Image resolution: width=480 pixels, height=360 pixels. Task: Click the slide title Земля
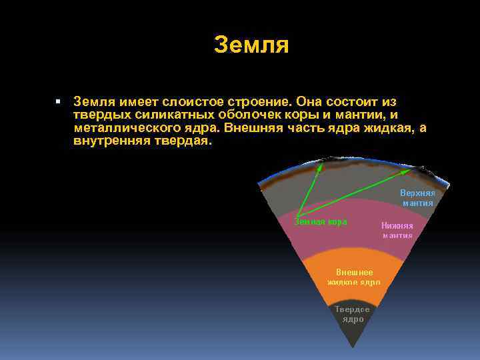click(x=251, y=45)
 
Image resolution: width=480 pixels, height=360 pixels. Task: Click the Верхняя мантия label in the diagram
click(x=417, y=197)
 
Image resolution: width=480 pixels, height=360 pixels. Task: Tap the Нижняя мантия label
click(x=397, y=230)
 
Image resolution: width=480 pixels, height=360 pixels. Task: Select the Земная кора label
click(x=321, y=222)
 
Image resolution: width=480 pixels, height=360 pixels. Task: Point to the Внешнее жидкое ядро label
click(x=353, y=277)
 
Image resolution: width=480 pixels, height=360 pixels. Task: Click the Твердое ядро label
click(x=352, y=315)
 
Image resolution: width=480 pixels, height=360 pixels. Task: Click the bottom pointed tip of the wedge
click(x=351, y=347)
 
